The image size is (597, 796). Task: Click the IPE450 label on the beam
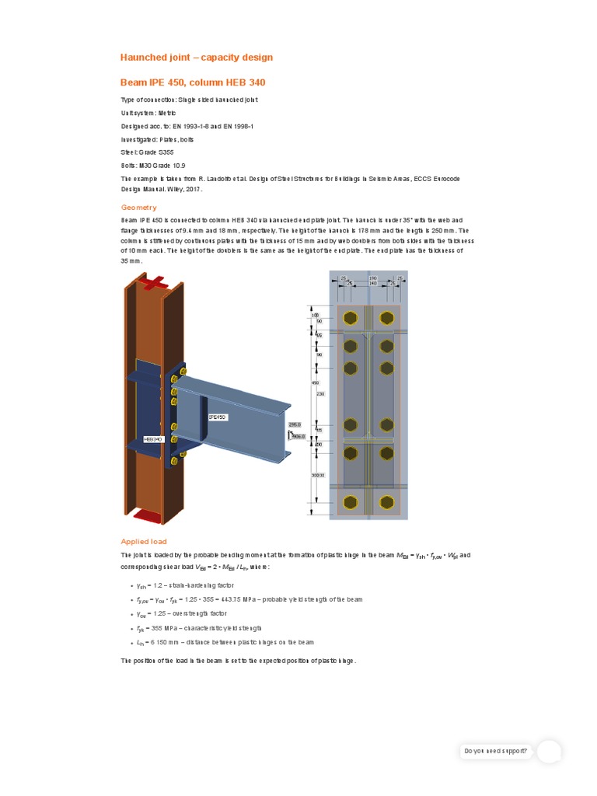tap(217, 417)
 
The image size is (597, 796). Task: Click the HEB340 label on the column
tap(152, 439)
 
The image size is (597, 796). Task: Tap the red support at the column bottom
tap(147, 514)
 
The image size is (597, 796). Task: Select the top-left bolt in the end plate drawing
tap(351, 317)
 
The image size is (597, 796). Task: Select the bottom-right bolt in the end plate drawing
tap(386, 501)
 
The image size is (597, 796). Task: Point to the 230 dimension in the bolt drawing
tap(319, 393)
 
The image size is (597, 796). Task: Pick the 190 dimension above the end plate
tap(372, 277)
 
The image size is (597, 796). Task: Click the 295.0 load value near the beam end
tap(294, 425)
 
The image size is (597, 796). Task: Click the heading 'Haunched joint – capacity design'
tap(196, 58)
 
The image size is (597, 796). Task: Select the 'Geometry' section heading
tap(138, 208)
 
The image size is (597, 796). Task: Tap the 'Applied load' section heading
tap(144, 541)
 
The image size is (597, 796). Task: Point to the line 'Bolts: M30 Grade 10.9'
tap(153, 166)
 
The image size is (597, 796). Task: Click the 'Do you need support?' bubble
tap(495, 751)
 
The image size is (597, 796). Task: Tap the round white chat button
tap(550, 752)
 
